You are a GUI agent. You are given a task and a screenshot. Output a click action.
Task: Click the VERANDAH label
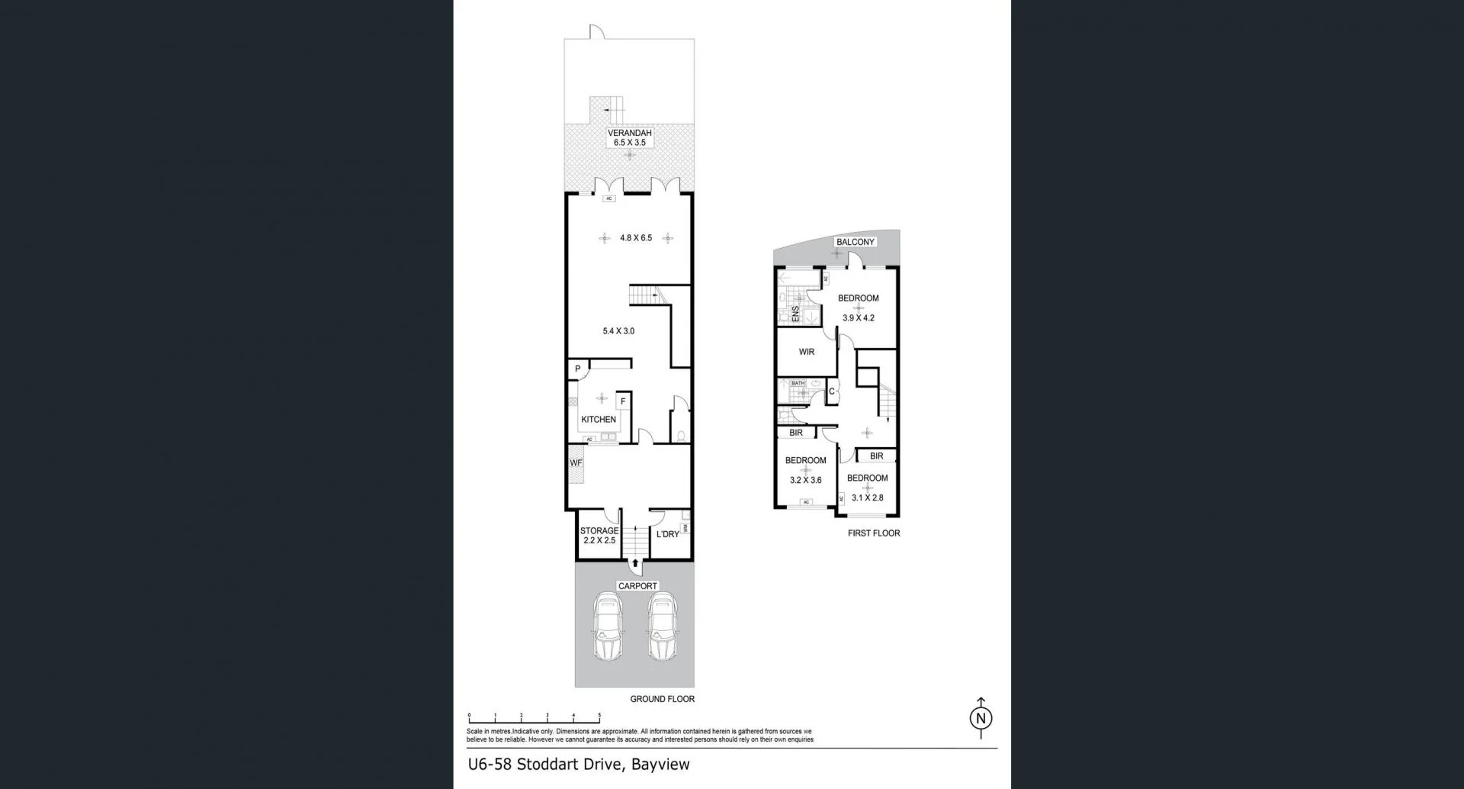629,133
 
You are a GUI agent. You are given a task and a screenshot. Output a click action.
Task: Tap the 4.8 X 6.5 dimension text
636,238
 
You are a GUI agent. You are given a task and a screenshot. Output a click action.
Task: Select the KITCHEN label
599,420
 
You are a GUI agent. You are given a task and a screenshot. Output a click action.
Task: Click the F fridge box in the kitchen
623,401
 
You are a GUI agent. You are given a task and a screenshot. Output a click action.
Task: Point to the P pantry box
578,369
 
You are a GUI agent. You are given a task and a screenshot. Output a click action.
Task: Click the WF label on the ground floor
576,463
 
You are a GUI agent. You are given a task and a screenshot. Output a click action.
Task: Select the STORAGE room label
599,531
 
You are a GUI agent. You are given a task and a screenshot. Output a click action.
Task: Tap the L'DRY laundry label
667,534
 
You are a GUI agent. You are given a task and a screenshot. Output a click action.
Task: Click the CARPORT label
637,586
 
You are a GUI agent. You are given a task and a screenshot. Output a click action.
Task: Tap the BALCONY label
855,242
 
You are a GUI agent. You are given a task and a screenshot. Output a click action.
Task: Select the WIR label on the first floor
807,352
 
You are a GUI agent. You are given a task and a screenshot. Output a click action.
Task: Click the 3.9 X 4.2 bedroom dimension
858,318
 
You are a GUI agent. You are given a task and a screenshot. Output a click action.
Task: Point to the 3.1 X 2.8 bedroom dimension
867,498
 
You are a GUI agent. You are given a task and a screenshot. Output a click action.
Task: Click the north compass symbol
981,718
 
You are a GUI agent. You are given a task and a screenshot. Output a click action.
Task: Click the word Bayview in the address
660,764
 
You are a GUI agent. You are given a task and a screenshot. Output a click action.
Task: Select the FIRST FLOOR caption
874,533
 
